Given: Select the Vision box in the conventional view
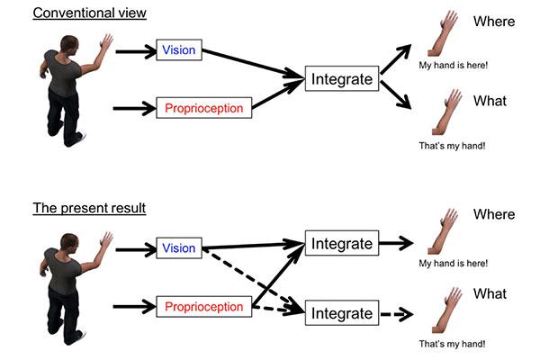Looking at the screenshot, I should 178,49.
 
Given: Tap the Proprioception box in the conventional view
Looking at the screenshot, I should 203,108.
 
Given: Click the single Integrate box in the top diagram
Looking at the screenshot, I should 341,79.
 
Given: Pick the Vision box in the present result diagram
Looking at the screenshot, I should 178,248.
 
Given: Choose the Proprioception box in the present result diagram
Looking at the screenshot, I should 203,307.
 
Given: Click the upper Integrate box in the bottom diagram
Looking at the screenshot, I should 341,243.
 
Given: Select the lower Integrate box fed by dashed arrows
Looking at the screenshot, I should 341,313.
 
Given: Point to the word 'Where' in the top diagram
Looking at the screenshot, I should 492,22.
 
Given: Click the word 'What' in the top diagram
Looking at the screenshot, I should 490,101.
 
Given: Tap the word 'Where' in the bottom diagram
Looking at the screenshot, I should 492,215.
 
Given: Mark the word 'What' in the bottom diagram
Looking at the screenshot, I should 490,294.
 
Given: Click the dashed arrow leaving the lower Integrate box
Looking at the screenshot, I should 395,314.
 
